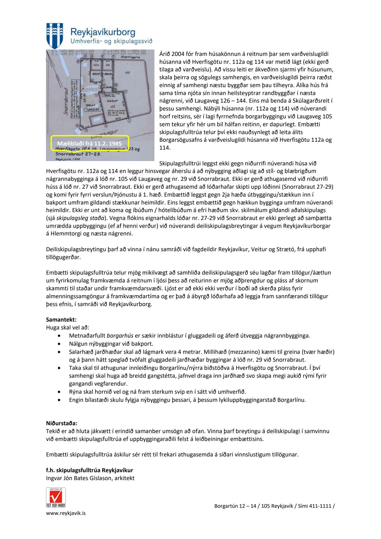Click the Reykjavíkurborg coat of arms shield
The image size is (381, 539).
[x=55, y=35]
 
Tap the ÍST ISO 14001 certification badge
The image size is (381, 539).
[x=56, y=497]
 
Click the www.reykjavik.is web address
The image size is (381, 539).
[x=66, y=513]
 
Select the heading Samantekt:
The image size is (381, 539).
[x=61, y=320]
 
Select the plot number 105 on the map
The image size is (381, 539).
[x=128, y=73]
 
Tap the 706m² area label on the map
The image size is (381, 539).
[x=90, y=105]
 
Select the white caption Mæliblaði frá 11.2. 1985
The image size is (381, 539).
[x=89, y=143]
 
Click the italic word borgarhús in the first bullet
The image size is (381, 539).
[x=120, y=336]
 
